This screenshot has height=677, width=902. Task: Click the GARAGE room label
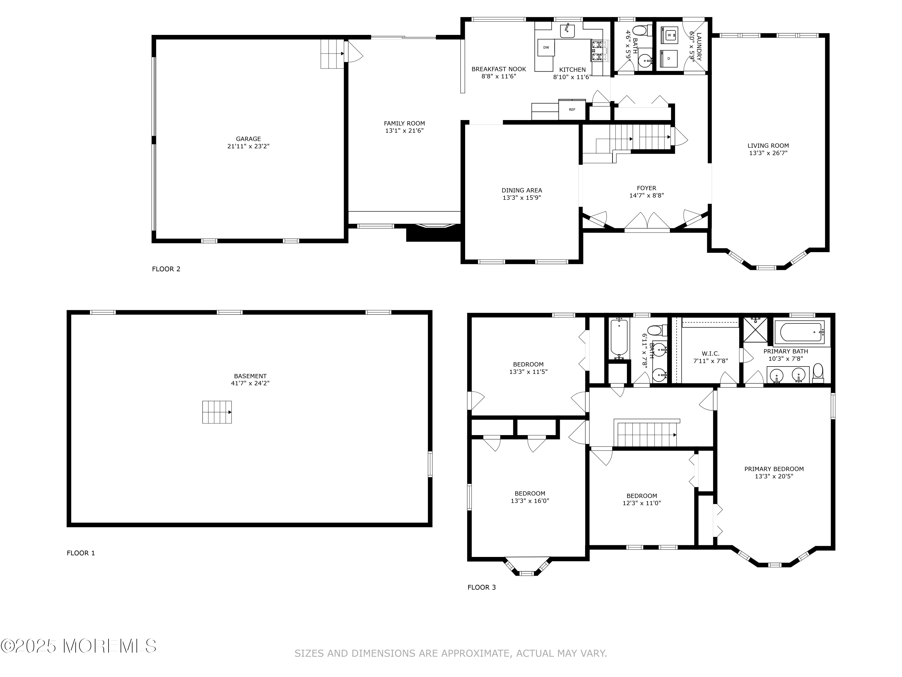[x=248, y=139]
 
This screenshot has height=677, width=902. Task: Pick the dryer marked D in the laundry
[x=669, y=59]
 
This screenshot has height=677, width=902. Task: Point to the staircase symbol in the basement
[x=217, y=412]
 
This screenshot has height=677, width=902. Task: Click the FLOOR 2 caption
[x=166, y=269]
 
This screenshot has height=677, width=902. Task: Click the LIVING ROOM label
[x=768, y=146]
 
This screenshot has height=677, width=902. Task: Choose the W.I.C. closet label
[x=710, y=354]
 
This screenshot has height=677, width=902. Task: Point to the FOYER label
[x=646, y=188]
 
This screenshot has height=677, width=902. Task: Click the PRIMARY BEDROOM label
[x=774, y=469]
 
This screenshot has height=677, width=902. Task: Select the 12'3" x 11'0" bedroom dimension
[x=641, y=503]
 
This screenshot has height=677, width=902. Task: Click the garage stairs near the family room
[x=332, y=54]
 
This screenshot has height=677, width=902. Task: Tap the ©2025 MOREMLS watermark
[x=78, y=646]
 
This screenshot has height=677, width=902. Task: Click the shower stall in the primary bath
[x=755, y=329]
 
